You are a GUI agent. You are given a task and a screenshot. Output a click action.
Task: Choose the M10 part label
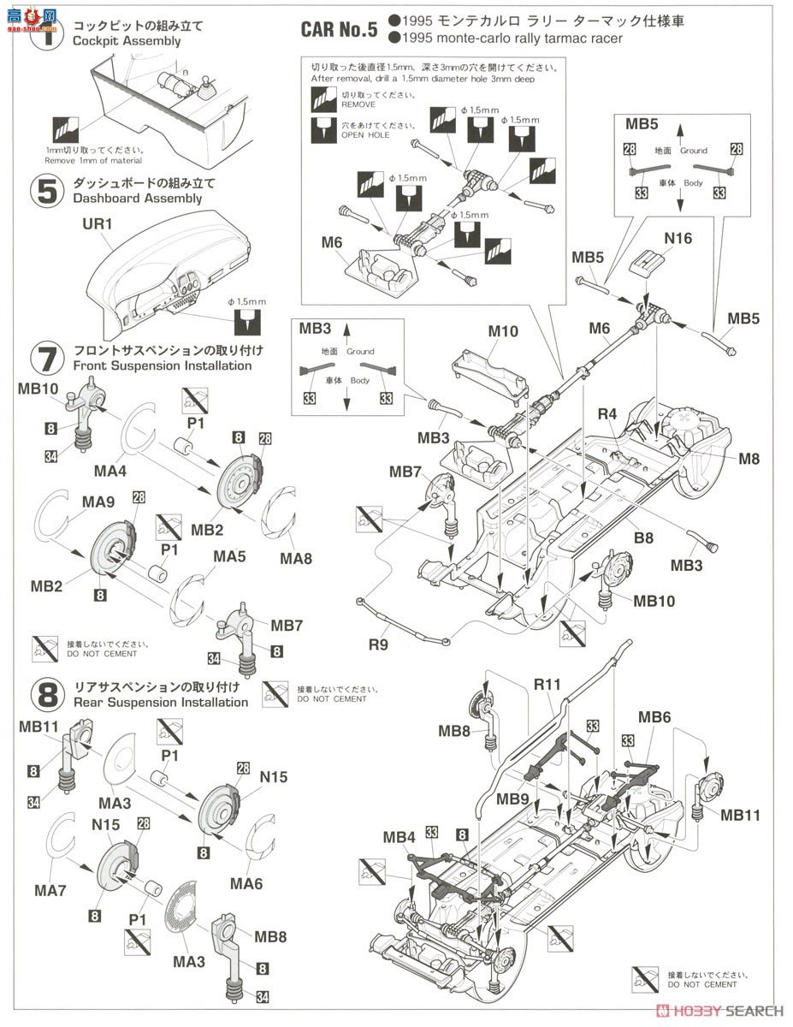(x=504, y=331)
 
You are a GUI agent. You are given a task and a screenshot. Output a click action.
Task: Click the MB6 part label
(x=654, y=716)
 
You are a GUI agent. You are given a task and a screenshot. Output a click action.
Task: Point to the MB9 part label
(x=513, y=799)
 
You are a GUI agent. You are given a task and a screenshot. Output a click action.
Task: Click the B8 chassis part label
(x=643, y=538)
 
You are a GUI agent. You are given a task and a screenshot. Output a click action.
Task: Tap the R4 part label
(x=607, y=413)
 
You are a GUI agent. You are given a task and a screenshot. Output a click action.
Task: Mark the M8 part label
(x=749, y=459)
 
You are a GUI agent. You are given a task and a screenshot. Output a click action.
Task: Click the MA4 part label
(x=111, y=470)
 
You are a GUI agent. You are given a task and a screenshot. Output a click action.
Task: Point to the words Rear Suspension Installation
(x=161, y=703)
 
